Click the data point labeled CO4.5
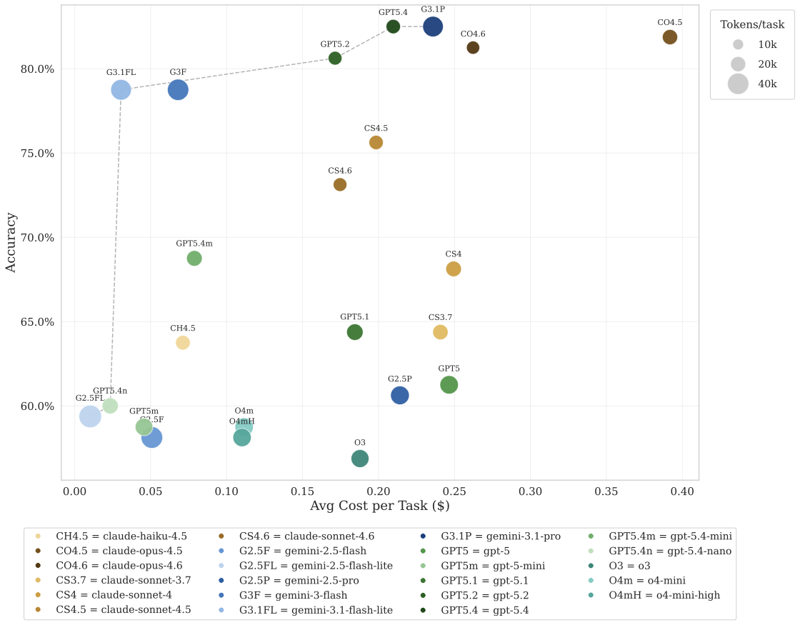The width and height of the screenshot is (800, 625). [669, 37]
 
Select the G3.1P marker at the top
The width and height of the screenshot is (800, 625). [433, 26]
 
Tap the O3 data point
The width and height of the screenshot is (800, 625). [360, 459]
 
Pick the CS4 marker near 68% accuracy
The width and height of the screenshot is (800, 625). [454, 269]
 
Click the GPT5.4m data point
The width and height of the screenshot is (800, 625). [194, 259]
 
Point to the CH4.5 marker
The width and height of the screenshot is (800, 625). [183, 343]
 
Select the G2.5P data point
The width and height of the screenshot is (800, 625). [400, 395]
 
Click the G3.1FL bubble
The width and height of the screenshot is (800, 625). [121, 90]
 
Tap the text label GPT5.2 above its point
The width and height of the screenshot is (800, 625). [335, 44]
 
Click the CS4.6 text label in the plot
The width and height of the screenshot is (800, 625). [340, 171]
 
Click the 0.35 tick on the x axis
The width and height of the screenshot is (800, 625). [606, 491]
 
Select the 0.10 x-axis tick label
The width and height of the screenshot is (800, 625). [226, 491]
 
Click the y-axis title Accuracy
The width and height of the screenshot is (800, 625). [11, 241]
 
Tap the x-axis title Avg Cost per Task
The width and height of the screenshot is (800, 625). [379, 506]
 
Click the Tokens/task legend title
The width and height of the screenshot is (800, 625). [752, 24]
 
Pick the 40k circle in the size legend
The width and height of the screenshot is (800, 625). [738, 84]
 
